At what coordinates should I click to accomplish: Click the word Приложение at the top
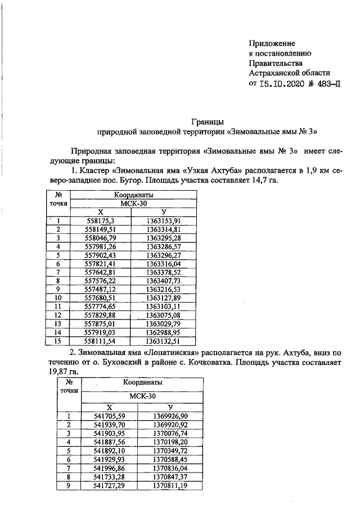272,43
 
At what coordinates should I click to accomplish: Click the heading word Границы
208,121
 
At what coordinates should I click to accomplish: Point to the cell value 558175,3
99,220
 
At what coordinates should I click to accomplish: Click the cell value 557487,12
99,289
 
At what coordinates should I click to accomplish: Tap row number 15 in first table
57,341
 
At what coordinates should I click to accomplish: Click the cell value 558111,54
99,341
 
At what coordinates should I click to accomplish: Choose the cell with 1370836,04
171,468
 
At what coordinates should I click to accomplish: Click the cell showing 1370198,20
171,442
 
